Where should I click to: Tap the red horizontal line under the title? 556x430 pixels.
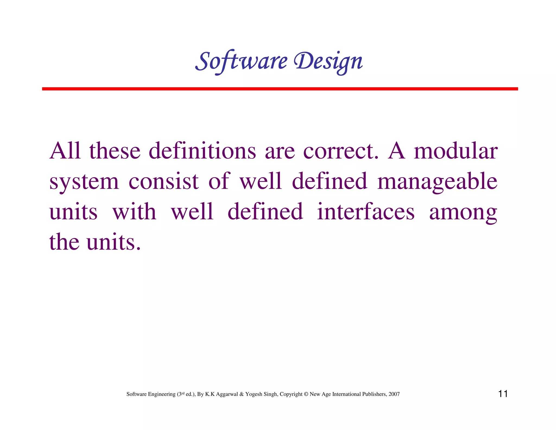tap(280, 89)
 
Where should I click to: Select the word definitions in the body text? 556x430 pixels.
tap(202, 151)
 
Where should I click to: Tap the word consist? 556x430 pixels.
tap(163, 182)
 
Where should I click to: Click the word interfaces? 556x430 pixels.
tap(366, 212)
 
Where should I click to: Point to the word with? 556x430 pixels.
tap(134, 212)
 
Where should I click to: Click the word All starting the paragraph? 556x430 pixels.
tap(65, 151)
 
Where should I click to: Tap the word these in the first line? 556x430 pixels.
tap(115, 151)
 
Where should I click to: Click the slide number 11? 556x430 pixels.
tap(503, 394)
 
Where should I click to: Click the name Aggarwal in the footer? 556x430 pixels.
tap(227, 394)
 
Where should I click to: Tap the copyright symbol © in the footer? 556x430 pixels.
tap(306, 394)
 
